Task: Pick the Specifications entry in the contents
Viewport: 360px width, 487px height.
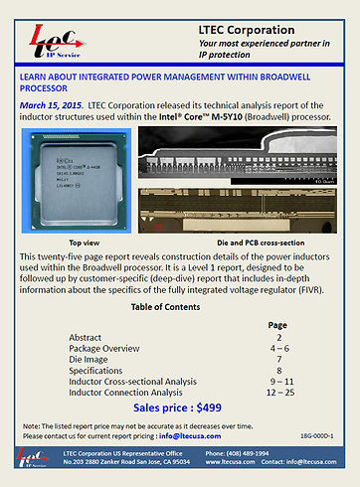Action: tap(98, 371)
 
